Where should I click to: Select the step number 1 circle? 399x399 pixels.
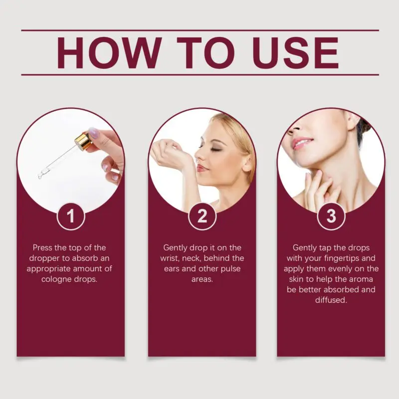click(x=71, y=216)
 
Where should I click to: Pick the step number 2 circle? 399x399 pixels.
click(x=202, y=216)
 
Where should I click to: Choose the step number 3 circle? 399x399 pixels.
click(x=331, y=216)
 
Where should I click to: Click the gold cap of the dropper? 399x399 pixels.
click(x=83, y=141)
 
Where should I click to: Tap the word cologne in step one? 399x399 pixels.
click(x=56, y=279)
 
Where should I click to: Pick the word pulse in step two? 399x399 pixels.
click(x=230, y=269)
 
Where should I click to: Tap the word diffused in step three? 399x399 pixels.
click(x=331, y=300)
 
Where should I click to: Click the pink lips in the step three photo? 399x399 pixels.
click(x=302, y=143)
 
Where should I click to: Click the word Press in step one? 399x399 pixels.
click(x=42, y=247)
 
